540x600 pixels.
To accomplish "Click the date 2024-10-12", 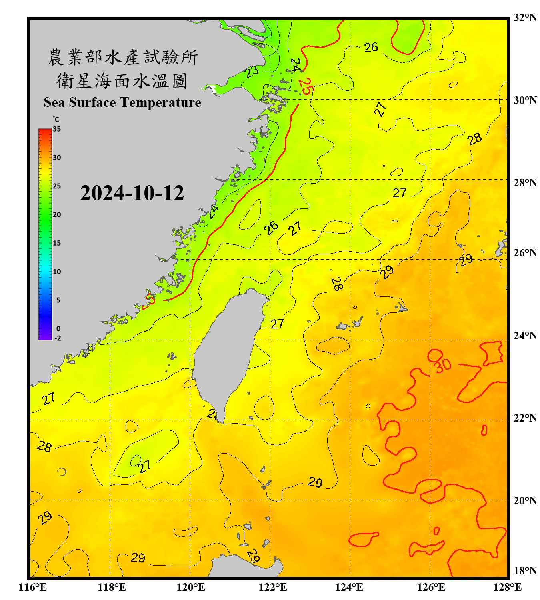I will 132,193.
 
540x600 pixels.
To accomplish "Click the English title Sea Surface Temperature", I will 122,102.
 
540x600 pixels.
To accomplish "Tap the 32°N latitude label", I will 525,18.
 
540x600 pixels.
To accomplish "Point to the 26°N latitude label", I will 525,253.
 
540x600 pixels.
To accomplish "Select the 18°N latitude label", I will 525,571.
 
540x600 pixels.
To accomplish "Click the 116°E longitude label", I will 33,587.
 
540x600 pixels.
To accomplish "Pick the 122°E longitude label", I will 273,587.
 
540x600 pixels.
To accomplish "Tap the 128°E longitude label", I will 507,587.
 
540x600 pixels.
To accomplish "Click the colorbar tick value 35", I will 57,129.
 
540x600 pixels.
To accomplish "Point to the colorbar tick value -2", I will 58,338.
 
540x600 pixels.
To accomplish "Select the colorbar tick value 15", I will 57,243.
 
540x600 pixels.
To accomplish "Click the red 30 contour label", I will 443,365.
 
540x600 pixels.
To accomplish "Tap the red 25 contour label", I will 305,86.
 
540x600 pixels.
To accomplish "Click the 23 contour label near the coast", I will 252,72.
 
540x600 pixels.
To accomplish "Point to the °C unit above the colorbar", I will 56,119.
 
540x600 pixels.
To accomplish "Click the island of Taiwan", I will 228,348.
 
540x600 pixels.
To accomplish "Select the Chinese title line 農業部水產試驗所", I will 122,57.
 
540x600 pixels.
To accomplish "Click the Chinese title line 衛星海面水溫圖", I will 122,81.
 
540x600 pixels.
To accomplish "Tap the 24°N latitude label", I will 525,335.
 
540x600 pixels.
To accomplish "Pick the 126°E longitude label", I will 431,587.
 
